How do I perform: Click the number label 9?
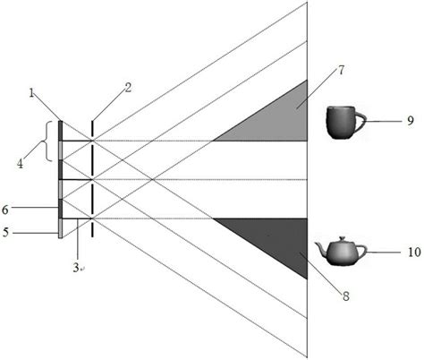tap(411, 119)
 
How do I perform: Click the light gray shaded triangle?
tap(277, 121)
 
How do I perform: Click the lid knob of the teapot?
tap(341, 238)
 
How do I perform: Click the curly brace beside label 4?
tap(44, 143)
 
